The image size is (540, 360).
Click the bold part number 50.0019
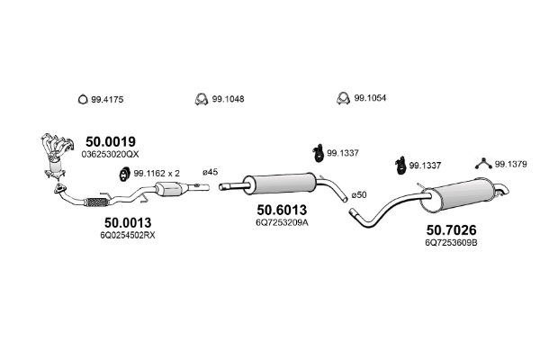(111, 141)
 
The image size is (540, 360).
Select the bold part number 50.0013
(128, 223)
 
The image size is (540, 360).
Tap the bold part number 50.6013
(282, 210)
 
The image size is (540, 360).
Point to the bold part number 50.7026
(451, 229)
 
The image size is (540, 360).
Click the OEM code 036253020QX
(110, 154)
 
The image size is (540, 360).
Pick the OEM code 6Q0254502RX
(128, 235)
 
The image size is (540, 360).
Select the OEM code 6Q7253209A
(282, 222)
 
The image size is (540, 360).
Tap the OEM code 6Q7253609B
(451, 242)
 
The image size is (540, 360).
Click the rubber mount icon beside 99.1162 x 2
(123, 174)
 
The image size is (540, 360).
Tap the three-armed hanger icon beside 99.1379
(483, 163)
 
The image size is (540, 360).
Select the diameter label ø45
(210, 172)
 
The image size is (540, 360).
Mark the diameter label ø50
(359, 195)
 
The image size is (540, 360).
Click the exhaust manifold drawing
(55, 155)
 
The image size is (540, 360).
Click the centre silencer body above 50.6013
(279, 184)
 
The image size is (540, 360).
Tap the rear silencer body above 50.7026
(458, 195)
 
